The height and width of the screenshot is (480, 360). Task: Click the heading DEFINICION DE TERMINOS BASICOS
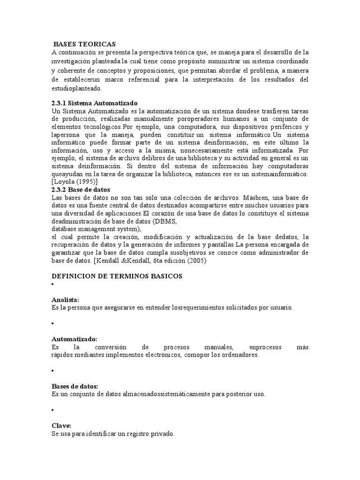click(117, 276)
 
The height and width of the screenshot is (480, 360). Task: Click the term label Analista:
click(65, 300)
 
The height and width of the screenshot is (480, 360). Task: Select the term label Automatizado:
click(74, 338)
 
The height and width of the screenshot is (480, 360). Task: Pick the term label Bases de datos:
click(75, 386)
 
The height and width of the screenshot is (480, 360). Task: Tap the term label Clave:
click(61, 426)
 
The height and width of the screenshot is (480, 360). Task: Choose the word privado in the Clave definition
click(163, 434)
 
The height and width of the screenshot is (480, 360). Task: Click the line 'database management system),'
click(97, 229)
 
